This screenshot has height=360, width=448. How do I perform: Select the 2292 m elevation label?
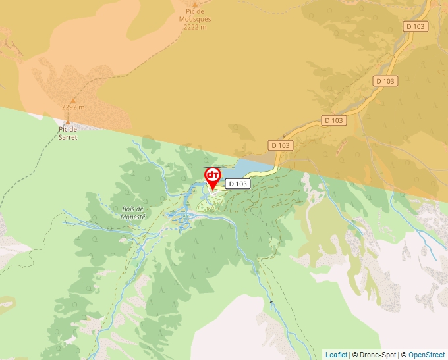tap(73, 107)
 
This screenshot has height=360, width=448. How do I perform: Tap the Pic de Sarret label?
tap(68, 133)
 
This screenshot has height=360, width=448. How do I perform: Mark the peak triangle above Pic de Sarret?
tap(67, 122)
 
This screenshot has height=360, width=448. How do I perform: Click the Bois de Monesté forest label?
tap(133, 212)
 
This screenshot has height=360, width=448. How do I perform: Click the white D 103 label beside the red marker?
tap(238, 184)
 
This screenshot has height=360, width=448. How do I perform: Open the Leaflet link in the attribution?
tap(336, 355)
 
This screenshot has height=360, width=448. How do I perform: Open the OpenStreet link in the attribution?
tap(427, 355)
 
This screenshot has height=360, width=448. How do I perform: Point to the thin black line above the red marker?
tap(217, 167)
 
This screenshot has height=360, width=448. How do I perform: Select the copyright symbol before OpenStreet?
tap(404, 355)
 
